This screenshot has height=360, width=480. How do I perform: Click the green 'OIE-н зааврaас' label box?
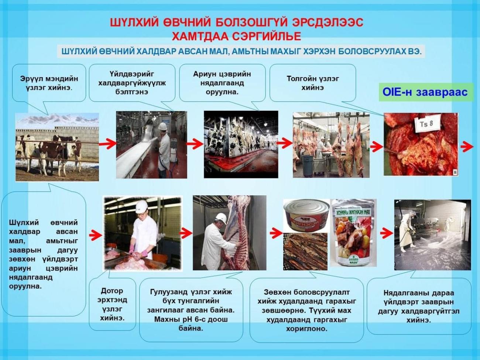click(426, 92)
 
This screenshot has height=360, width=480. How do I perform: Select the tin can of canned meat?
click(306, 216)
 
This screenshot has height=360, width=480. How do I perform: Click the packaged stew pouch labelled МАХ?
click(353, 233)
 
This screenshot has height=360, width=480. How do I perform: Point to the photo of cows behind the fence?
click(57, 147)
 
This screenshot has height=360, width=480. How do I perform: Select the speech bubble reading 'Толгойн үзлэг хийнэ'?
click(313, 83)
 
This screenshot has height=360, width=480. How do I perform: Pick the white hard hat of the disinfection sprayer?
click(162, 126)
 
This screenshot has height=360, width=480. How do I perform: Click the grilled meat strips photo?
click(305, 251)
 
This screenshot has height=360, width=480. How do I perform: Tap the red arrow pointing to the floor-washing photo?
click(387, 234)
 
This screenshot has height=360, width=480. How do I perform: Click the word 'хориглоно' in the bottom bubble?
click(307, 329)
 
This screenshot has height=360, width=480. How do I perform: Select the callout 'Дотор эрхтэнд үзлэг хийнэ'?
click(112, 304)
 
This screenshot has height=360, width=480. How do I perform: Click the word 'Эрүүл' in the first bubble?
click(31, 79)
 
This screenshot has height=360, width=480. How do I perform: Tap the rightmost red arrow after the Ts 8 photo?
click(467, 147)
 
